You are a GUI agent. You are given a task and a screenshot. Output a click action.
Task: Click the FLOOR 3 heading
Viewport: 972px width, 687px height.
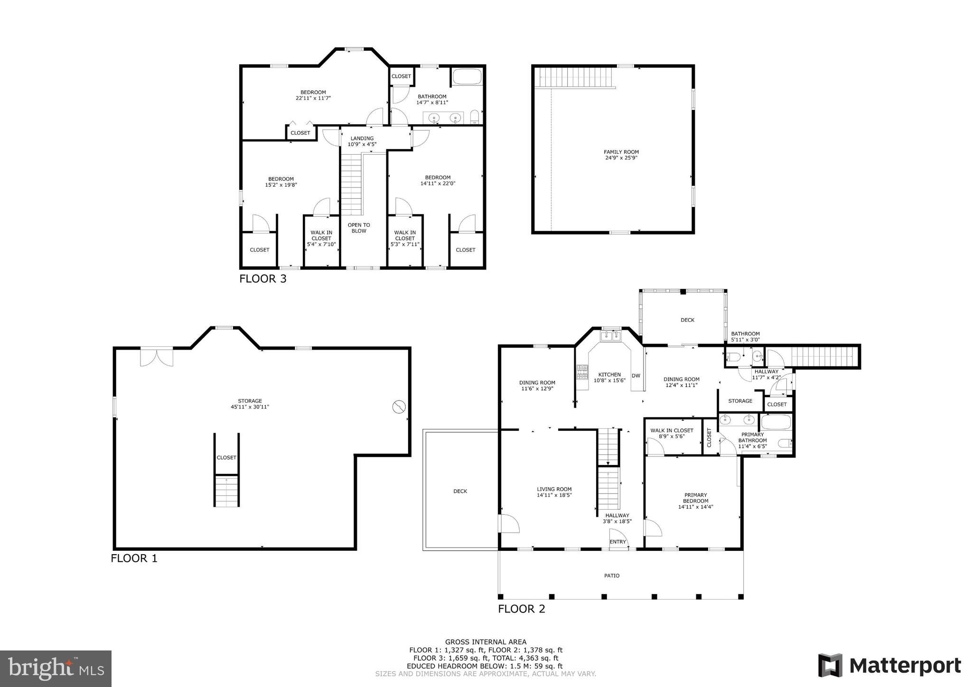[x=262, y=279]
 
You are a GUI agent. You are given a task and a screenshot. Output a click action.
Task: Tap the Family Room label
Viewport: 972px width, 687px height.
[x=621, y=155]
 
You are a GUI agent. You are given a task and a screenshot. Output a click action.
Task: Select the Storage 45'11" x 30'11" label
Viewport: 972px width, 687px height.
[x=250, y=404]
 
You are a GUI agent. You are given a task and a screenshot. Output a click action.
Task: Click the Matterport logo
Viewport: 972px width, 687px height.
[x=890, y=666]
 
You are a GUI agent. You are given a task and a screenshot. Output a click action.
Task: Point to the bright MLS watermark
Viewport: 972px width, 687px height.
[x=56, y=668]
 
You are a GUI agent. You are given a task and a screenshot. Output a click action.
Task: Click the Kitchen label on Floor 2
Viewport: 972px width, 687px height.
[x=609, y=377]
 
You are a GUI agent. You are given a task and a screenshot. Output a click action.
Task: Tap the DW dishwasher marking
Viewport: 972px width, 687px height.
[x=636, y=376]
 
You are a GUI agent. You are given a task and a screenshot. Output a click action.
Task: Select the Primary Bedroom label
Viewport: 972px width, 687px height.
[x=695, y=501]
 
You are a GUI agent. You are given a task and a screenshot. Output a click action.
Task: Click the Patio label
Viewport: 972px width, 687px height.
[x=611, y=576]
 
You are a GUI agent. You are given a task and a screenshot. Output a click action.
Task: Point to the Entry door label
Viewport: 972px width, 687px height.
[x=617, y=542]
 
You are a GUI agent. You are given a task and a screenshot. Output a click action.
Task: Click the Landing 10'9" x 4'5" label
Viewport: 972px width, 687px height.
[x=362, y=141]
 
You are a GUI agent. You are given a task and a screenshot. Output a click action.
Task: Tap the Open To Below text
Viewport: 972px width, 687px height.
[x=359, y=228]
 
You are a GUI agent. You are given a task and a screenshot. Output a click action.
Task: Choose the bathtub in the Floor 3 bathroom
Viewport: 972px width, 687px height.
[x=467, y=77]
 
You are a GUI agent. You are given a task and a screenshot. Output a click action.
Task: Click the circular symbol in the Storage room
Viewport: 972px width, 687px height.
[x=399, y=407]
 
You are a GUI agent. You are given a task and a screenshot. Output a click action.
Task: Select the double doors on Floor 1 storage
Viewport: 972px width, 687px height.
[x=157, y=357]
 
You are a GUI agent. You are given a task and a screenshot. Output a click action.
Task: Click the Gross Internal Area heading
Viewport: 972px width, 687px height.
[x=486, y=642]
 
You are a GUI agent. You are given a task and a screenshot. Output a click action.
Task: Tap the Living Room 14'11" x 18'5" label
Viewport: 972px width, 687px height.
[x=554, y=492]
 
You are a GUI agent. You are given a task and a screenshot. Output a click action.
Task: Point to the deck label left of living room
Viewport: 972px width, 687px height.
[x=460, y=491]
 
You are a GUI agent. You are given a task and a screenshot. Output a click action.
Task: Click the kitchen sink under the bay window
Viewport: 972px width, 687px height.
[x=611, y=336]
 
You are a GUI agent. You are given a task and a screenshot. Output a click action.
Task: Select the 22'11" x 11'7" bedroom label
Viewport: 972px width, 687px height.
[x=313, y=95]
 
